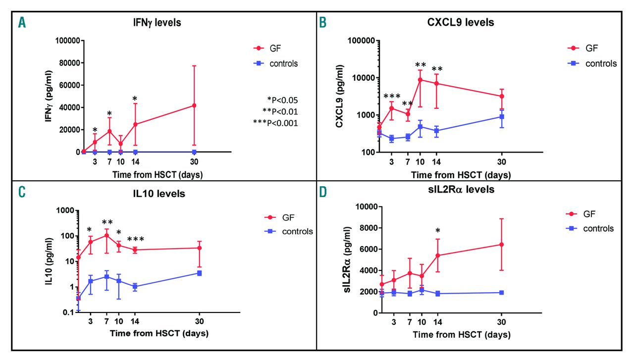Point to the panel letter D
click(x=323, y=190)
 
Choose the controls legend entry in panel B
click(x=591, y=63)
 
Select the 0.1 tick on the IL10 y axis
click(x=65, y=312)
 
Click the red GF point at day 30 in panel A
click(x=194, y=105)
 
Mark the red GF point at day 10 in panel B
click(x=420, y=80)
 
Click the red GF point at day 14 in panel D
click(x=436, y=256)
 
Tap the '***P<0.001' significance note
click(x=280, y=123)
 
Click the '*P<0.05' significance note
click(x=282, y=100)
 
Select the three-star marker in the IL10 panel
click(x=136, y=240)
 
